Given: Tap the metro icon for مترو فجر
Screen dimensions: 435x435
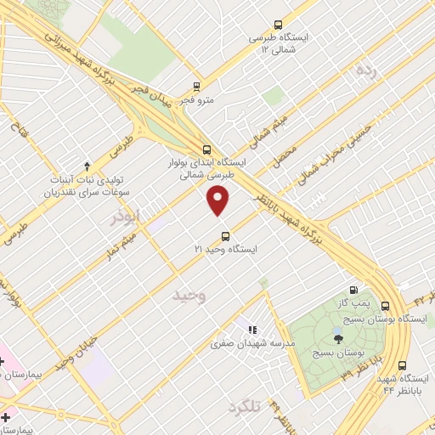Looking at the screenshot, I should click(196, 86).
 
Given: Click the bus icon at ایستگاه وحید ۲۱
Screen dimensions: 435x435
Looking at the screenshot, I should click(224, 235).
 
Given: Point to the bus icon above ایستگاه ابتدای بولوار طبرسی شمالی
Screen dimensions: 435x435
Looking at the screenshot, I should click(207, 148).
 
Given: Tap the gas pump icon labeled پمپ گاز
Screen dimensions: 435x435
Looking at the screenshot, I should click(353, 289).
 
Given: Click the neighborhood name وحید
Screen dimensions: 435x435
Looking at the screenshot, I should click(189, 295).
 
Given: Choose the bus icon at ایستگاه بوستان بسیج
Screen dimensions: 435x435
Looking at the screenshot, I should click(386, 306).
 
